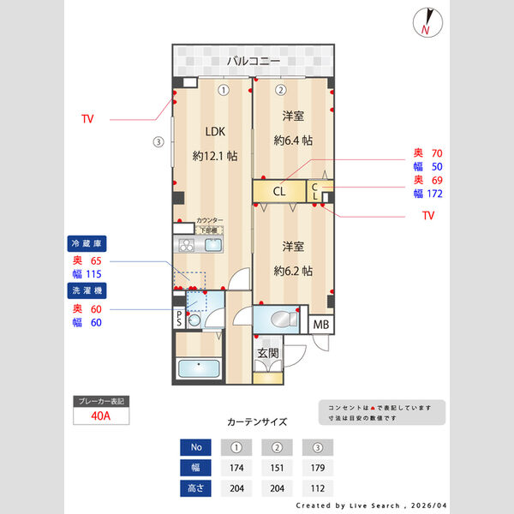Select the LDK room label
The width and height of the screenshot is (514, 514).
[x=214, y=132]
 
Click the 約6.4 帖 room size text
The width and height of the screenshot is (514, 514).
[x=293, y=140]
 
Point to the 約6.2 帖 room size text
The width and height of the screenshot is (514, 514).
[x=293, y=271]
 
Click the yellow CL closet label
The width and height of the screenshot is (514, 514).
[x=279, y=192]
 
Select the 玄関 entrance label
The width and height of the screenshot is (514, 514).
[x=267, y=353]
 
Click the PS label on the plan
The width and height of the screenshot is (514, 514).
[x=179, y=318]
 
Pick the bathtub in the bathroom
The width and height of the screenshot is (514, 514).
[x=199, y=369]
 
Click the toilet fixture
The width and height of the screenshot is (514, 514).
[x=279, y=320]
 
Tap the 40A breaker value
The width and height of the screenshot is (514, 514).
[x=102, y=416]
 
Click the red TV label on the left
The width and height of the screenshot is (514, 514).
[x=87, y=119]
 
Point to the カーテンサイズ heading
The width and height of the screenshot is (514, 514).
[x=257, y=422]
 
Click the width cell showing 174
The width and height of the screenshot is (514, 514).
[x=236, y=469]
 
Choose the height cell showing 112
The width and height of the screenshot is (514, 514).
[x=317, y=490]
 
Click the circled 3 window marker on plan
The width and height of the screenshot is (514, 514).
[x=158, y=142]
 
